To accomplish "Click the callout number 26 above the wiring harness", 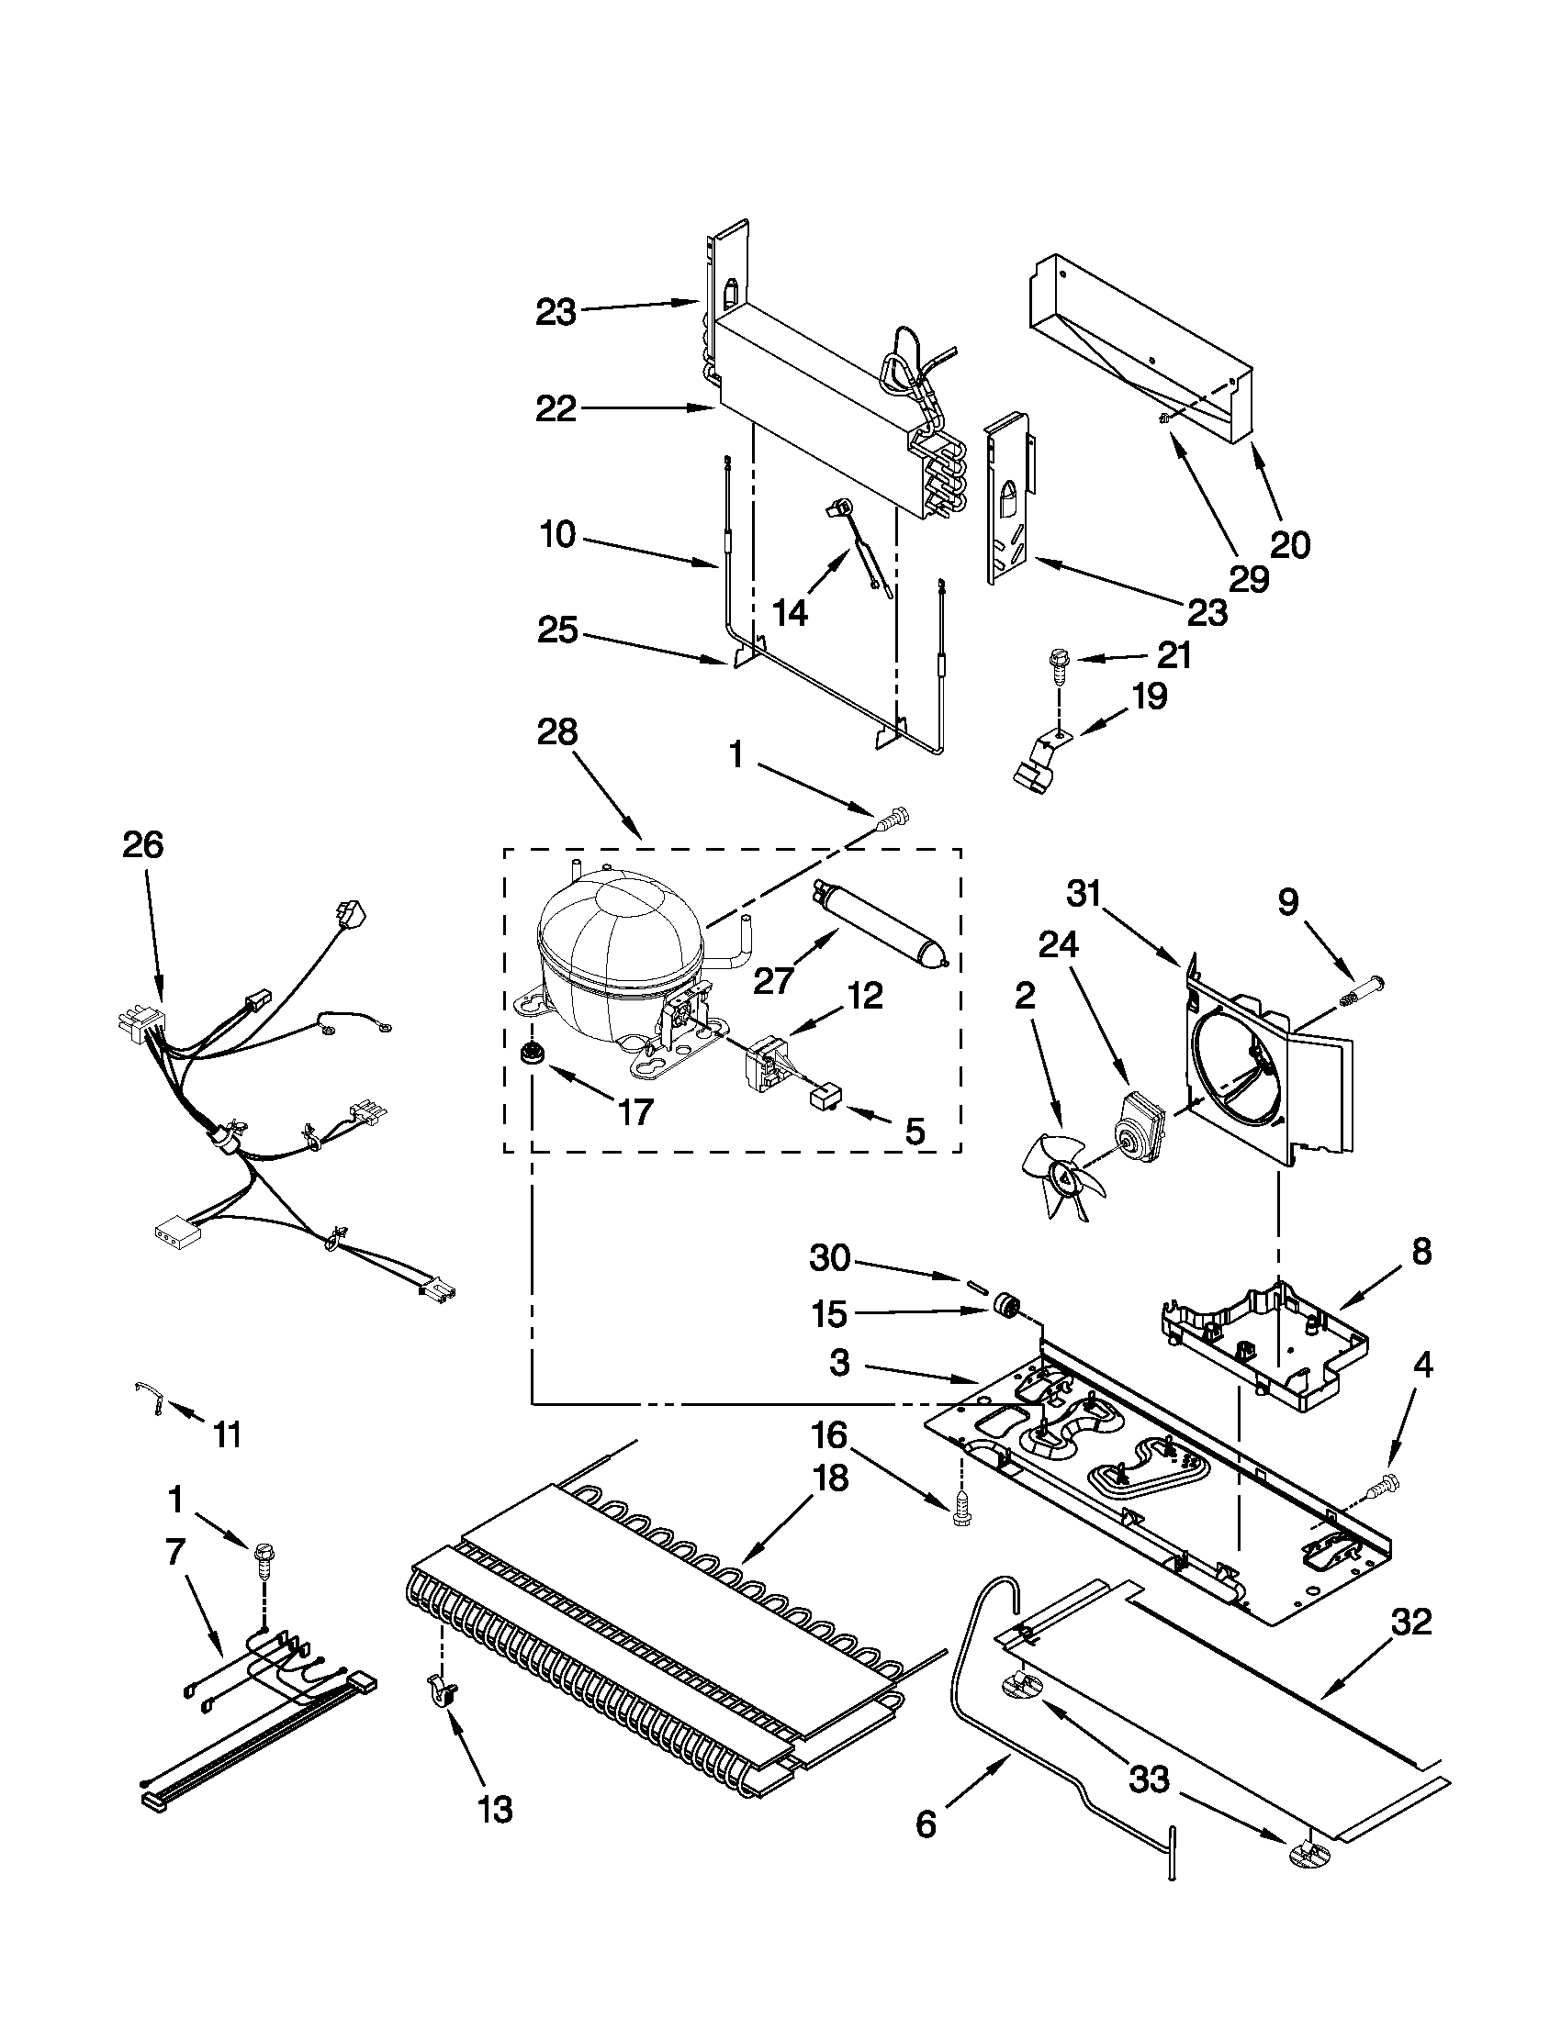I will tap(142, 846).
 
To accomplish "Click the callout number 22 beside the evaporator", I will tap(556, 407).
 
